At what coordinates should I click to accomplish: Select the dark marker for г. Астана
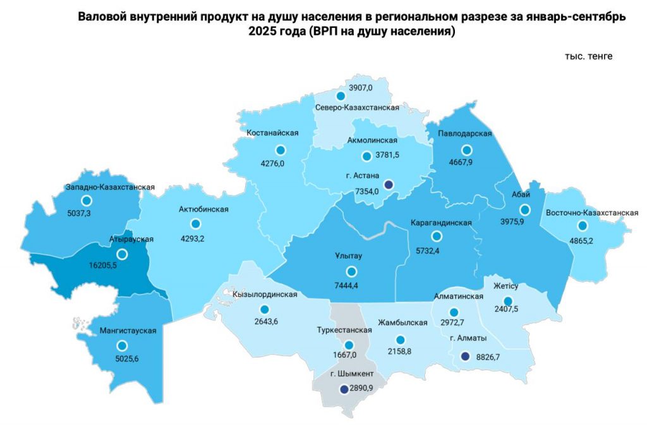pos(389,185)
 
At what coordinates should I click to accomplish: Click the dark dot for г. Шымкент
pos(343,389)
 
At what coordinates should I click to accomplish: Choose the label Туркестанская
pos(343,330)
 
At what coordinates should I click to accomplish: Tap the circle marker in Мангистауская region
pos(122,346)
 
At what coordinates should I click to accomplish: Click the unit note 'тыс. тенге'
pos(588,56)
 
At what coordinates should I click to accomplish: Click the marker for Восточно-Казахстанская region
pos(581,226)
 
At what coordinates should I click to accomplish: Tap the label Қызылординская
pos(265,295)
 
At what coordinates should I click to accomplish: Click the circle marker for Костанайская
pos(281,150)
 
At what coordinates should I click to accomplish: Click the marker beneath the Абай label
pos(524,210)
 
